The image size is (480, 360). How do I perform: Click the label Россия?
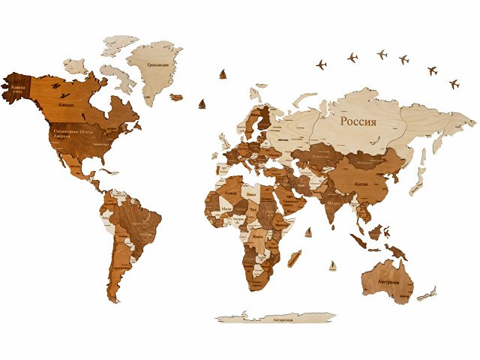358,121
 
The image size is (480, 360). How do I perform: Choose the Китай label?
360,182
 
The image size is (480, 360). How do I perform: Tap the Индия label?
335,202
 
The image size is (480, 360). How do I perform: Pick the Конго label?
259,235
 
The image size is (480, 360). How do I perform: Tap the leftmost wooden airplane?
322,64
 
